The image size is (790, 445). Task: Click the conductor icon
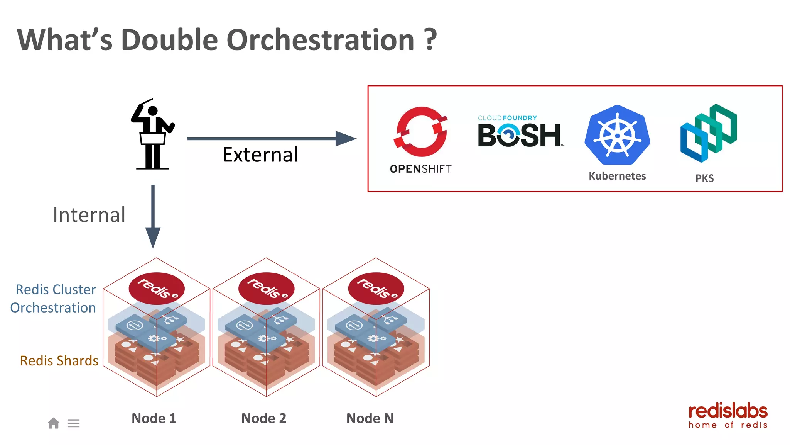click(153, 134)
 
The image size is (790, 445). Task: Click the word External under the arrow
click(260, 155)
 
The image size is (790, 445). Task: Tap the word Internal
click(89, 215)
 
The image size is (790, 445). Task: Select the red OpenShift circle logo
click(421, 131)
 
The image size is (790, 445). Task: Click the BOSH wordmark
click(519, 135)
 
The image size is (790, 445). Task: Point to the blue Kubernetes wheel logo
click(617, 135)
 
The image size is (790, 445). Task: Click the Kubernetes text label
click(617, 176)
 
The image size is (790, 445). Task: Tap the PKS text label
click(704, 178)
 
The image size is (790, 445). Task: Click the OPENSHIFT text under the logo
click(420, 169)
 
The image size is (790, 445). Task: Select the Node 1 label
click(154, 418)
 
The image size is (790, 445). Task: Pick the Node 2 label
click(264, 418)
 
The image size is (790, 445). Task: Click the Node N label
click(370, 418)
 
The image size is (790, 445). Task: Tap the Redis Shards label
click(59, 360)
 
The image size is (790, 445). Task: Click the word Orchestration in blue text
click(53, 308)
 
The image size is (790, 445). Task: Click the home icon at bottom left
click(54, 423)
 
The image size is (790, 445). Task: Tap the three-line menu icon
click(73, 423)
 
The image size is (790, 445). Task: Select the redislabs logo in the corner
click(728, 416)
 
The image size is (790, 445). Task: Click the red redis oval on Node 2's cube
click(266, 289)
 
